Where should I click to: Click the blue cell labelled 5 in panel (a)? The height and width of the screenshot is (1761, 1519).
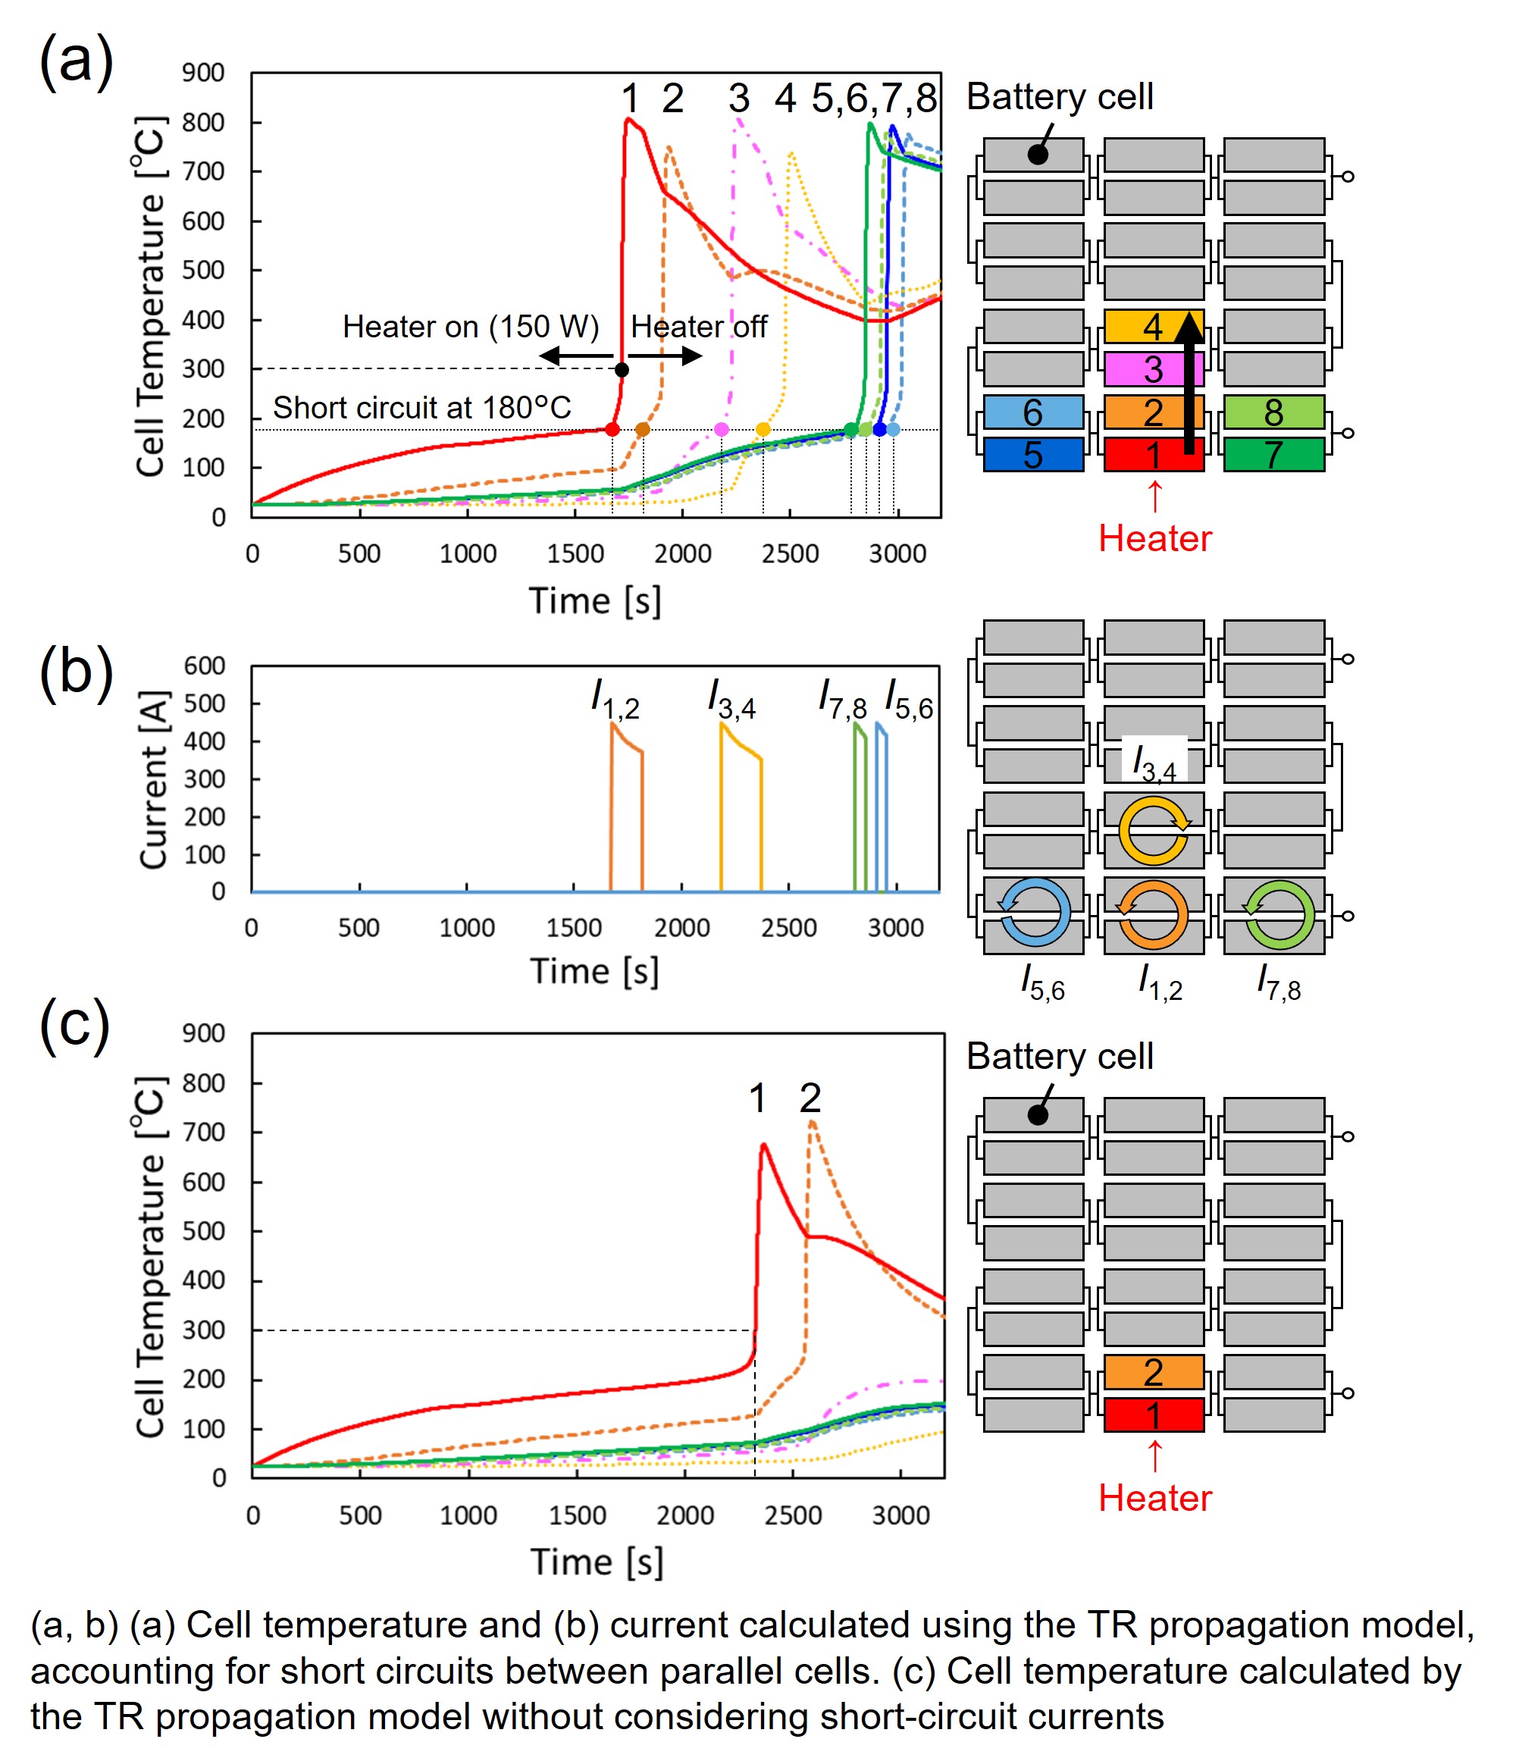click(1033, 455)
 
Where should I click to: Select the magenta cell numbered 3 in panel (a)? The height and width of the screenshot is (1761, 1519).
click(1139, 369)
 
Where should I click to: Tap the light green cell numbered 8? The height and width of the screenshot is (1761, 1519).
click(1273, 412)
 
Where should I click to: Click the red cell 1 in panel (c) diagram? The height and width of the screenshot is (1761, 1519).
click(1154, 1415)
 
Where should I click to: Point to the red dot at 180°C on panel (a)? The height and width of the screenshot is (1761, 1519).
click(612, 429)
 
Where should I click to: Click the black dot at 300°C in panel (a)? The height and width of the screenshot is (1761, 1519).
click(622, 370)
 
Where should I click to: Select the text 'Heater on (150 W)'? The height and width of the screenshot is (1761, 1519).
click(470, 327)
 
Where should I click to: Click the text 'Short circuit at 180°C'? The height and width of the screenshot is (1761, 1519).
click(421, 408)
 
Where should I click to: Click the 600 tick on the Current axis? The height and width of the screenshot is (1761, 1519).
click(205, 666)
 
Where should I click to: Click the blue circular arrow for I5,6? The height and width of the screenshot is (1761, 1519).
click(1035, 913)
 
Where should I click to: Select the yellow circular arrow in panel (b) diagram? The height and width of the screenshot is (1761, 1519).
click(1154, 831)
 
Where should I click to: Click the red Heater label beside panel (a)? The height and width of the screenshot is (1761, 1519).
click(1154, 538)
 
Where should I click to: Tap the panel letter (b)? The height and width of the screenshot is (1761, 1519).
click(76, 672)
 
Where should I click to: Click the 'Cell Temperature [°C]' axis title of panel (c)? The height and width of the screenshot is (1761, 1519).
click(149, 1258)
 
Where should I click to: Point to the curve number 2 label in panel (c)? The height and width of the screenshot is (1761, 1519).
click(810, 1098)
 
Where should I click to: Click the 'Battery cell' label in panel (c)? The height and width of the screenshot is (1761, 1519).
click(1059, 1057)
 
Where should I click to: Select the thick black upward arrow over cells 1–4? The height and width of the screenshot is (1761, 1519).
click(1189, 383)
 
